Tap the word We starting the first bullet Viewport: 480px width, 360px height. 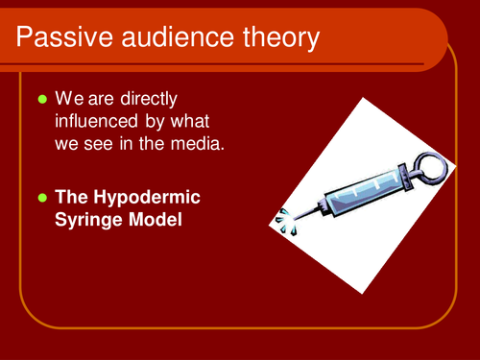pos(68,98)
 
